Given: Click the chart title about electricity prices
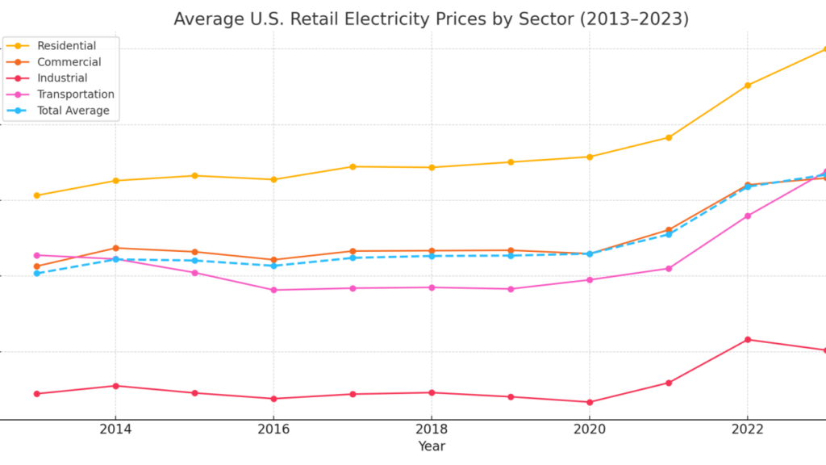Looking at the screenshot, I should coord(431,19).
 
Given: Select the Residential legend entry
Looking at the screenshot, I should coord(66,46).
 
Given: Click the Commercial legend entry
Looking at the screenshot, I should coord(69,62).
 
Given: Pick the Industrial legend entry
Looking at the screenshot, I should coord(62,78).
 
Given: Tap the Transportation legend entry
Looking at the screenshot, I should coord(75,94).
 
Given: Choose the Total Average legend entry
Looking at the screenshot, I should coord(73,111).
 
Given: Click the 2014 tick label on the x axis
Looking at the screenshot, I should coord(115,429).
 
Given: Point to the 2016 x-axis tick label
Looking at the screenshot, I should coord(273,429).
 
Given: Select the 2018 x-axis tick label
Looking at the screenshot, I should coord(432,429).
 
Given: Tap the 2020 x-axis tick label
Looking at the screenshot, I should coord(589,429).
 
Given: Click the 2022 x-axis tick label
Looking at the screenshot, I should coord(747,429).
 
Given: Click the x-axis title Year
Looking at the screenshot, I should coord(432,446).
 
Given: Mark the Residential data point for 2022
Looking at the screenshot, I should coord(747,85).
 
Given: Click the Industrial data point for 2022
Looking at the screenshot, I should coord(747,340).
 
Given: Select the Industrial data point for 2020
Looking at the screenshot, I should coord(589,402).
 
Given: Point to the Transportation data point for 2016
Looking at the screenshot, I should coord(273,290).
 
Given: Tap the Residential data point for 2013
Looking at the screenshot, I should coord(36,195).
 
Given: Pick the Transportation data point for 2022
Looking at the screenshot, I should coord(747,216).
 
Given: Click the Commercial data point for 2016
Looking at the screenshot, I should coord(273,260).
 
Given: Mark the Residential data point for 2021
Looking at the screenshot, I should coord(668,137).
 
